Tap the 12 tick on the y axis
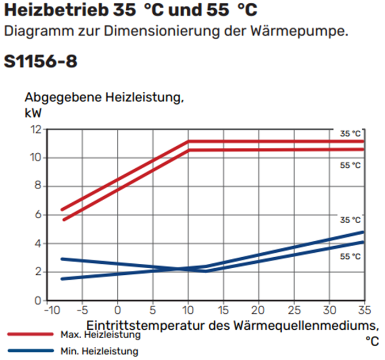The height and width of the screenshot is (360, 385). (36, 130)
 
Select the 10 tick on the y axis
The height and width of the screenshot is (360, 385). (36, 158)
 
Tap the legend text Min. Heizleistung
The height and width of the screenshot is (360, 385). (94, 351)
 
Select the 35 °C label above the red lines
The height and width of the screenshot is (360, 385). (350, 134)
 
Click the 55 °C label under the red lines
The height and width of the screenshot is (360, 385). (350, 165)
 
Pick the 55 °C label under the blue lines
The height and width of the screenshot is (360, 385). (350, 257)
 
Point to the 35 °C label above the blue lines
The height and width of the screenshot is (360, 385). (350, 220)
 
